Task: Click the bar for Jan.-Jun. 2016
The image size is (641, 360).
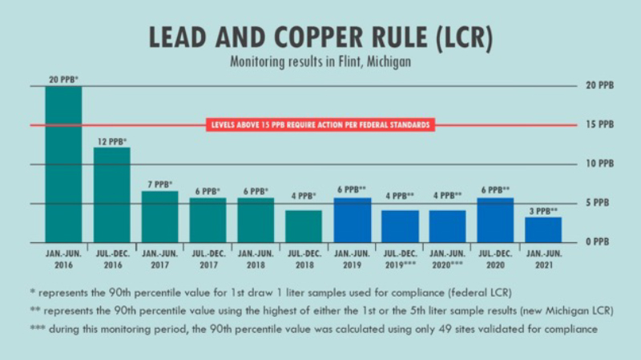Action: tap(63, 164)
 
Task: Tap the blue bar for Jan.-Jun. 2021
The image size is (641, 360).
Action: tap(543, 229)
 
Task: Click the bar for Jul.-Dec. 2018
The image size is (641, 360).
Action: tap(304, 226)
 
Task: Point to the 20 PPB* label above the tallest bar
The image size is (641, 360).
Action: tap(63, 79)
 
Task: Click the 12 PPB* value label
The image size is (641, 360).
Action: tap(111, 141)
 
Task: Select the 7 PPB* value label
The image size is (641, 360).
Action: tap(159, 184)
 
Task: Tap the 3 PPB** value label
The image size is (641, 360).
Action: tap(543, 211)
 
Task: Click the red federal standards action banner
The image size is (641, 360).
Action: tap(320, 125)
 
